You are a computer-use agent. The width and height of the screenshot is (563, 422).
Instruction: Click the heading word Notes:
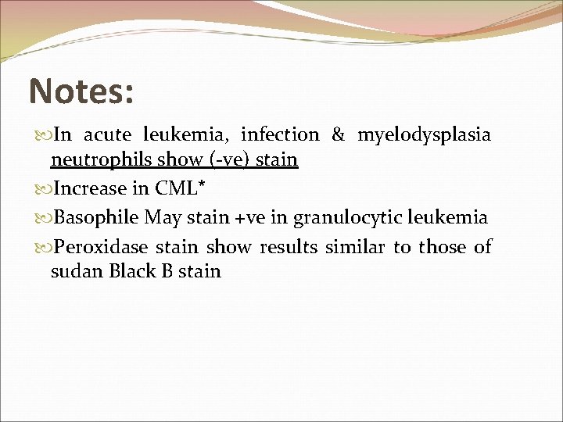tap(81, 92)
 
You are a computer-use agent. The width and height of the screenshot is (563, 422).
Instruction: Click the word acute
tap(111, 135)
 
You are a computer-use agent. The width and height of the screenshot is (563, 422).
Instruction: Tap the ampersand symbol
tap(338, 135)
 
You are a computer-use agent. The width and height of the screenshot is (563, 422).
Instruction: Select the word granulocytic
tap(347, 218)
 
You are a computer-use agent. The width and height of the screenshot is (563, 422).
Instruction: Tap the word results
tap(289, 248)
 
